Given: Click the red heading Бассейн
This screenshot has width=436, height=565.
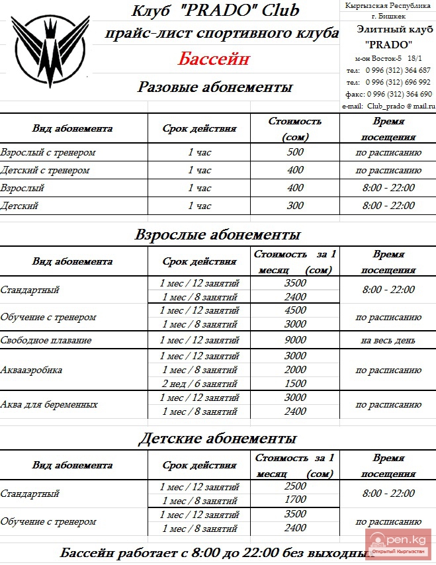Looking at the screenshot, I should pos(214,59).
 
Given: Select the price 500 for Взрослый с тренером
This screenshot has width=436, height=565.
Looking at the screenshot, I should pos(295,152).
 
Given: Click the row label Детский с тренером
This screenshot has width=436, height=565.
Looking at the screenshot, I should pos(45,170).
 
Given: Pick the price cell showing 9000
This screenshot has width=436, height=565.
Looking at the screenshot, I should pos(295,340).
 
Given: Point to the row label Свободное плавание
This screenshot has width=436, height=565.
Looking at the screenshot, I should pos(46,340).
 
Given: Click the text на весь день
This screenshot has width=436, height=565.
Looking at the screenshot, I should pos(388,340).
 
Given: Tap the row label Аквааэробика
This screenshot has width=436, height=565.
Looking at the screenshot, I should pos(32,370).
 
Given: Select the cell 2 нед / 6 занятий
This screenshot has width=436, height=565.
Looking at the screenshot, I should pos(200,384).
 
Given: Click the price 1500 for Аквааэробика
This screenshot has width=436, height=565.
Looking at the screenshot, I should pos(295,384).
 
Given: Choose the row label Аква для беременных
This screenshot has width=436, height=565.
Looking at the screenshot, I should pos(50,404).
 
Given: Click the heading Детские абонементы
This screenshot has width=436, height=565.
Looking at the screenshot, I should pos(218,438).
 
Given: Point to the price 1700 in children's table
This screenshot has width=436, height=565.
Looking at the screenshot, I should pos(295,500).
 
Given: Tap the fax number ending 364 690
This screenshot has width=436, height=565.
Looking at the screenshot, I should pos(389,94).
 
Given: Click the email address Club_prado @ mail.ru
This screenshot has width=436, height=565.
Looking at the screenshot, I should pos(389,106).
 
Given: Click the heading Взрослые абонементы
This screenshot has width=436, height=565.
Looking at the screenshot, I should pos(218,235).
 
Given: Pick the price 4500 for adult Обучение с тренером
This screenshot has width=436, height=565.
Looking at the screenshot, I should pos(295,310).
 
